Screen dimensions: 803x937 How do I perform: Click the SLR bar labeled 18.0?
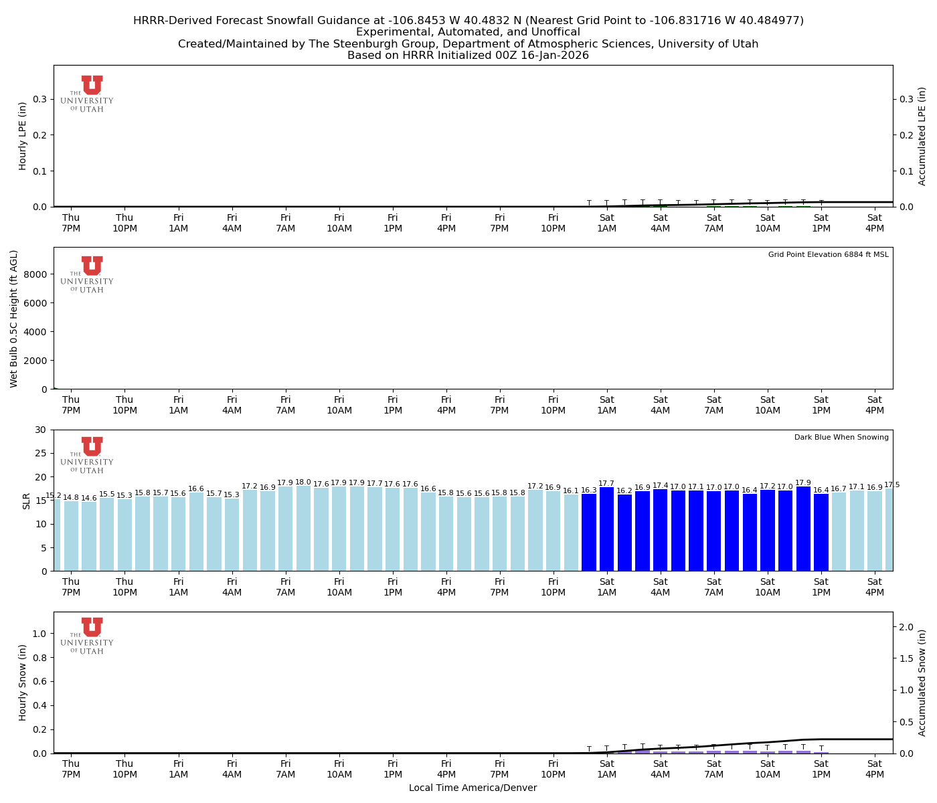point(303,529)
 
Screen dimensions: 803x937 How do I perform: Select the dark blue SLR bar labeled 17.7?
point(606,529)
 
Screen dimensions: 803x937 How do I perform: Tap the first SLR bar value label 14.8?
point(71,497)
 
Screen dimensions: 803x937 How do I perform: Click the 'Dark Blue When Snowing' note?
point(841,438)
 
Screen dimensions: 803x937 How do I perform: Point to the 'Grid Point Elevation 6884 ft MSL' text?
point(828,255)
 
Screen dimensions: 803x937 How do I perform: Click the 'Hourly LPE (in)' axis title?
point(23,136)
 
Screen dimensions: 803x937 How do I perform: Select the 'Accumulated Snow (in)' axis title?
point(922,683)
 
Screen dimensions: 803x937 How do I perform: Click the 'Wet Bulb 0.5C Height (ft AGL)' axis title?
point(14,319)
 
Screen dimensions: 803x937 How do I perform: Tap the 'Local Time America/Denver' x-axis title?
point(473,788)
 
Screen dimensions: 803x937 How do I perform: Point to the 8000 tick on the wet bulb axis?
point(36,274)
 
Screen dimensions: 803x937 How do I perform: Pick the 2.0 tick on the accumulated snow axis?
point(906,627)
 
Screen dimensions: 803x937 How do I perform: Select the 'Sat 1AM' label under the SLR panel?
point(606,587)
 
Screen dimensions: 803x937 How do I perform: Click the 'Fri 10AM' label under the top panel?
point(339,223)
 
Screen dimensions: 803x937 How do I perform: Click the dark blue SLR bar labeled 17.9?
point(803,529)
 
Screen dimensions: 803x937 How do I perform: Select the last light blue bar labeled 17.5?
point(889,529)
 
